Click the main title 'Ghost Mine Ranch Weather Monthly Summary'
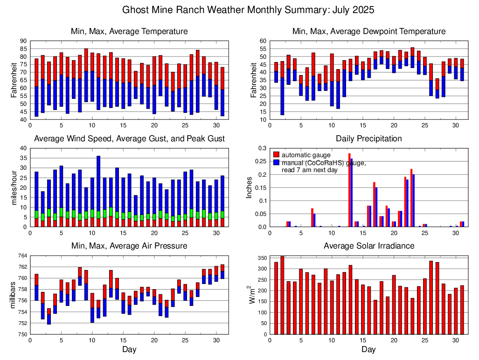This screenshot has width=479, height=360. [248, 10]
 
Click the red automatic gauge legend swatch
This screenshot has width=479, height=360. [277, 155]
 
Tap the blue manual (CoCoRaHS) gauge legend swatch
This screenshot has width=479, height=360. [277, 162]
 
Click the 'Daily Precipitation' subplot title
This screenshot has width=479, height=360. [368, 138]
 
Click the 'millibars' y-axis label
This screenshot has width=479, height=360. [13, 295]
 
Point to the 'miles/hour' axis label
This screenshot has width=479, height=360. [13, 187]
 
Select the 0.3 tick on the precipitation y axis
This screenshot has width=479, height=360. [262, 148]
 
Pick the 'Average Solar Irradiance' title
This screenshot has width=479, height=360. [368, 246]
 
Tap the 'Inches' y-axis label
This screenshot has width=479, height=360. [250, 187]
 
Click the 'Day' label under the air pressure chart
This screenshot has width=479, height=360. [129, 349]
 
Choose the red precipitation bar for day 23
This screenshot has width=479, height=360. [411, 198]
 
